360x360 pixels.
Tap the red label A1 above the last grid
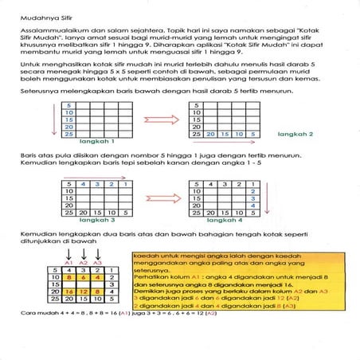[x=68, y=261]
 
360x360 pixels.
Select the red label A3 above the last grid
[x=97, y=261]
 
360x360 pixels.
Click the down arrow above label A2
[x=83, y=251]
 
